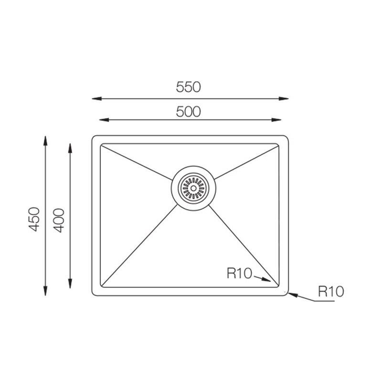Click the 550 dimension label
(x=188, y=87)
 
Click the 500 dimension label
(x=188, y=112)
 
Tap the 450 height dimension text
(x=34, y=219)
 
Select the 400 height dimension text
(x=59, y=221)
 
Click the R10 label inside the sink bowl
(x=239, y=273)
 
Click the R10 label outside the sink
(x=331, y=291)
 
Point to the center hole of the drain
(x=193, y=188)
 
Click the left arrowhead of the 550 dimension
(x=97, y=99)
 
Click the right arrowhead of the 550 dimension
(x=284, y=99)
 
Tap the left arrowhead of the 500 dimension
(x=104, y=120)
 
